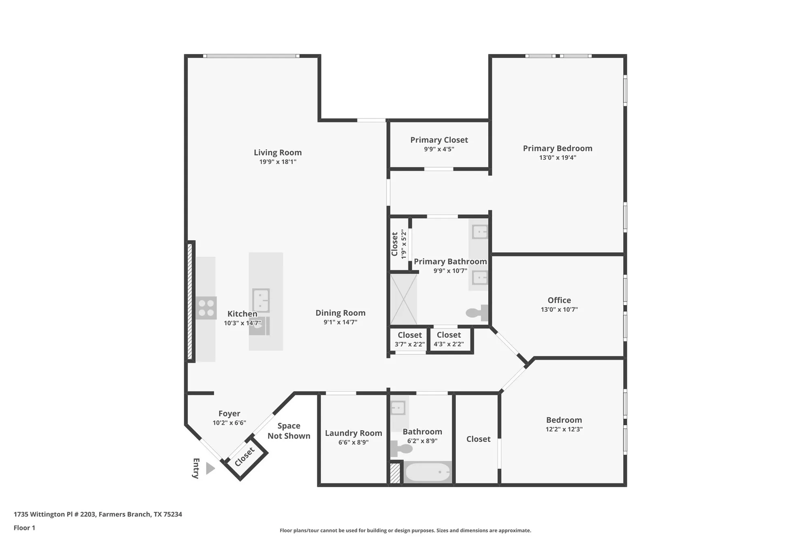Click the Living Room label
(278, 153)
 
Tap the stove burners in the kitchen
(206, 308)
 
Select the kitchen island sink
(261, 300)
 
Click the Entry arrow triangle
(210, 468)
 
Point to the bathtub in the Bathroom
(427, 472)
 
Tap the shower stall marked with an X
(403, 300)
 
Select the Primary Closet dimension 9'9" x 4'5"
(439, 149)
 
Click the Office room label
(559, 300)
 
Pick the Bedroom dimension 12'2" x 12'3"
(564, 429)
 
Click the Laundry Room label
(353, 433)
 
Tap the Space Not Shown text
(289, 431)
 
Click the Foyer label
(229, 414)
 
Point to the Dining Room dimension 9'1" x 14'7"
(340, 322)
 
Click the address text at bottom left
(98, 514)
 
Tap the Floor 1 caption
(24, 528)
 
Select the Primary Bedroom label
(557, 149)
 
